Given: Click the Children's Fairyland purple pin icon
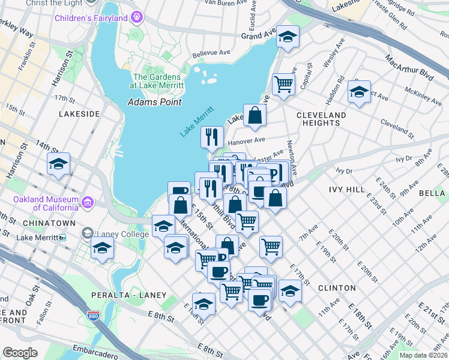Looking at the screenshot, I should pyautogui.click(x=137, y=17).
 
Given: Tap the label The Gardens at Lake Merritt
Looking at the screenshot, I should pyautogui.click(x=157, y=82).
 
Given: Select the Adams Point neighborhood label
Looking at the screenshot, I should pyautogui.click(x=154, y=102).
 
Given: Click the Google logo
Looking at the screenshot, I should pyautogui.click(x=20, y=353).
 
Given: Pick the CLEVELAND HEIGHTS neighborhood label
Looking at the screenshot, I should pyautogui.click(x=321, y=119).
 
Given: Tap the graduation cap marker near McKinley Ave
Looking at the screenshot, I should pyautogui.click(x=359, y=92).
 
